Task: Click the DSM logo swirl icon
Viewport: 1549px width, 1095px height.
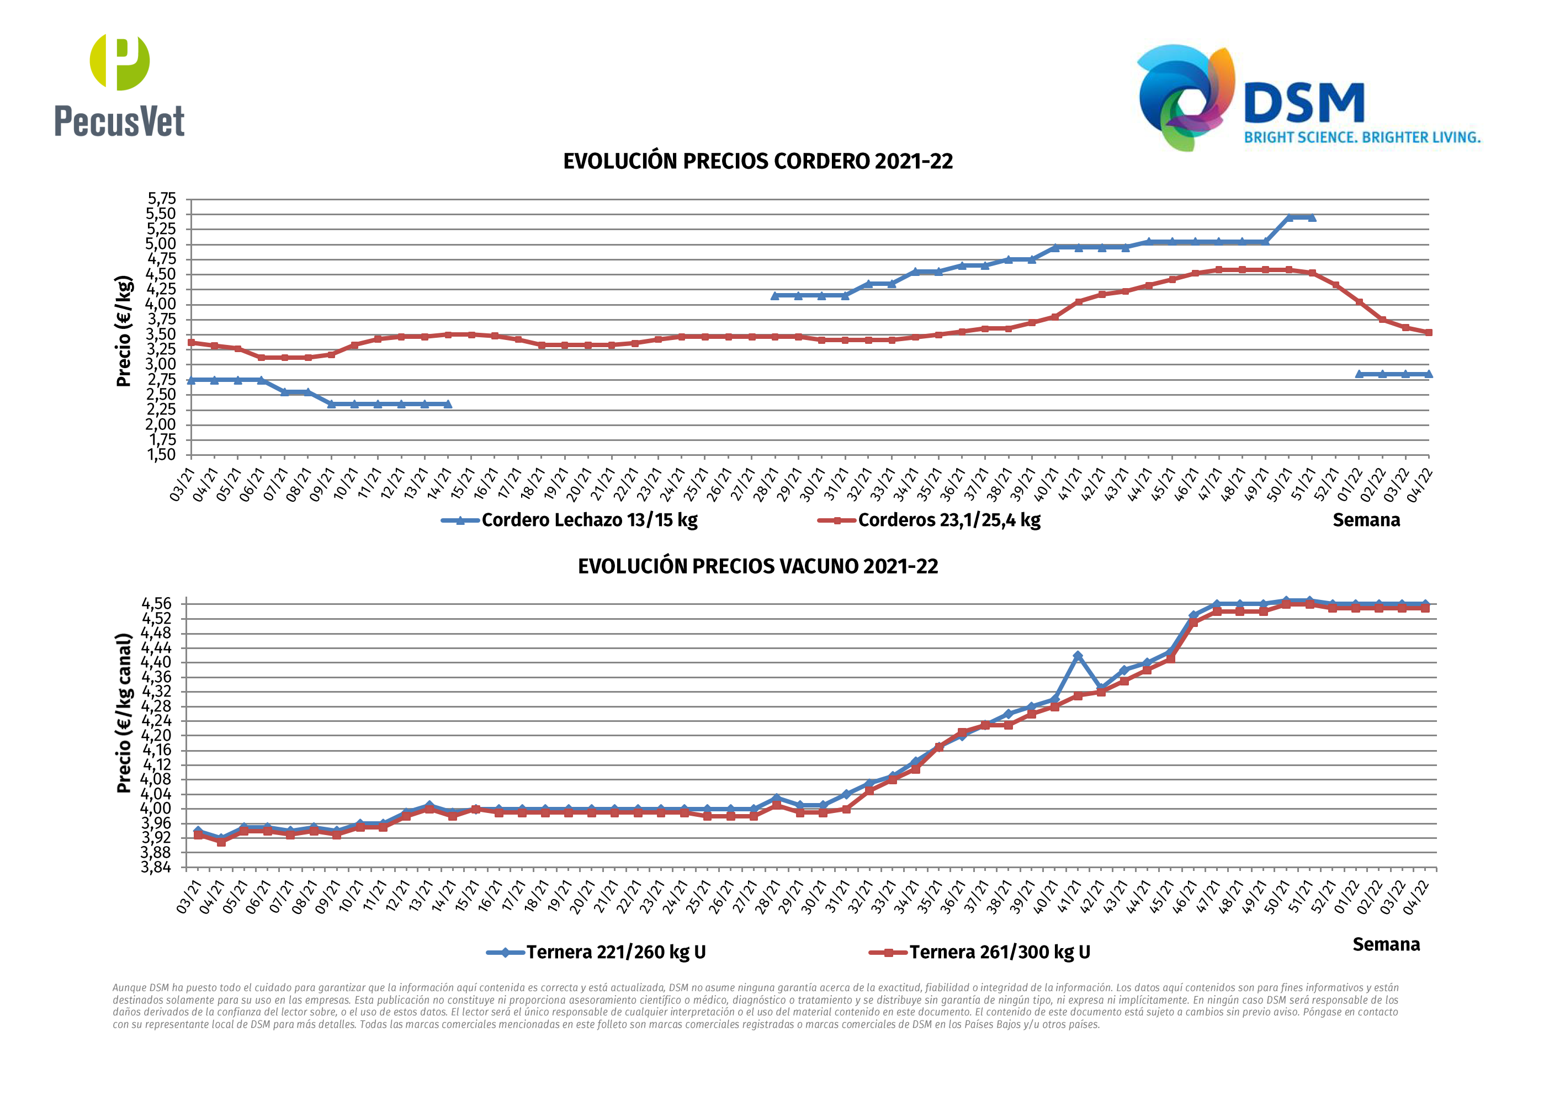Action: [1185, 97]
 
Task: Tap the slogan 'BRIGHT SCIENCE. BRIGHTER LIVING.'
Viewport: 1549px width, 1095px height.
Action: [1361, 137]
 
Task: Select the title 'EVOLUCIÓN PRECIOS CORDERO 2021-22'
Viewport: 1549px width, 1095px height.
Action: [757, 162]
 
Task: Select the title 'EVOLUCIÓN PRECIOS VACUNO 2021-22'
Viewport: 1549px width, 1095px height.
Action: [757, 566]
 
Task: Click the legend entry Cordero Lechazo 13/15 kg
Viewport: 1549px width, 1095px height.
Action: [589, 520]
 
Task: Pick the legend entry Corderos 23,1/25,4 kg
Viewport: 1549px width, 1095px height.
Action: [948, 520]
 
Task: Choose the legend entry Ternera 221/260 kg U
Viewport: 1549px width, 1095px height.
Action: [616, 952]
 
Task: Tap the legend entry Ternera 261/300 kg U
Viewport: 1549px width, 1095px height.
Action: [999, 952]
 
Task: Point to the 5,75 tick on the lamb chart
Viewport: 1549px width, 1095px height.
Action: [162, 199]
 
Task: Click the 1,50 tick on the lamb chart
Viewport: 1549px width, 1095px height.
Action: [162, 455]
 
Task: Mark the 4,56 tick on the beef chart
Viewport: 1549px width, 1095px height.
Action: [157, 603]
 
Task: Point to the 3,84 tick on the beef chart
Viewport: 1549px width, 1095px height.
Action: [157, 867]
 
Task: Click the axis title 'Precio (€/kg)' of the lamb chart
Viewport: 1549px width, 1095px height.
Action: [124, 331]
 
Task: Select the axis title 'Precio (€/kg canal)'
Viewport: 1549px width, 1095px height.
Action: [124, 713]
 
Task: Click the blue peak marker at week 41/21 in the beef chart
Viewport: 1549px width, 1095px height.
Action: [1078, 656]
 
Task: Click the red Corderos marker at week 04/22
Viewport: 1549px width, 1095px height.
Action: [1428, 333]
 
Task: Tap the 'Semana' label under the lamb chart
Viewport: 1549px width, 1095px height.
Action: [1366, 520]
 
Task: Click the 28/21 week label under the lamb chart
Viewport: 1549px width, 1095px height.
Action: [765, 485]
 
